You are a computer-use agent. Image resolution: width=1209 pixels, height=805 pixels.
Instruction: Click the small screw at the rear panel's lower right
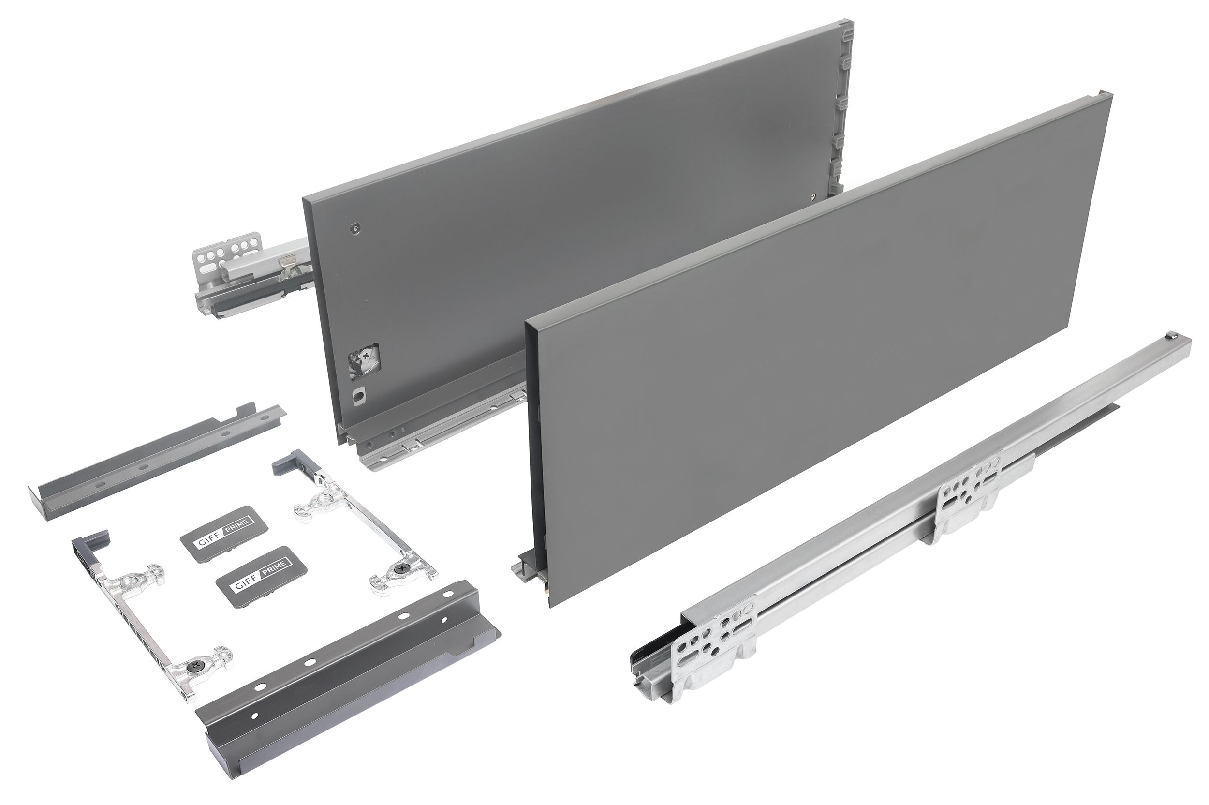[x=814, y=196]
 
